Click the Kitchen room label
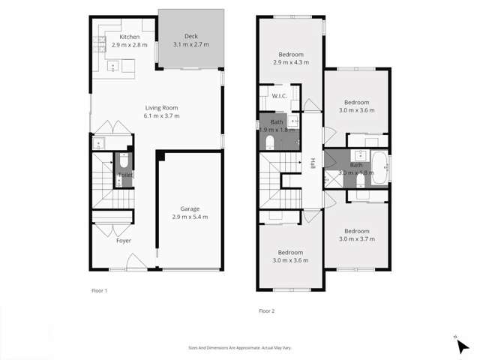(129, 37)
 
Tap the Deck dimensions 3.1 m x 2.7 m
(190, 45)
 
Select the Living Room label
(161, 108)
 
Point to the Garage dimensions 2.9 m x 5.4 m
(189, 217)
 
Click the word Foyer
(123, 241)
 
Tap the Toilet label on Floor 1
(125, 175)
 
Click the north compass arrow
(463, 346)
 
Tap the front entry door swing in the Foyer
(134, 262)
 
